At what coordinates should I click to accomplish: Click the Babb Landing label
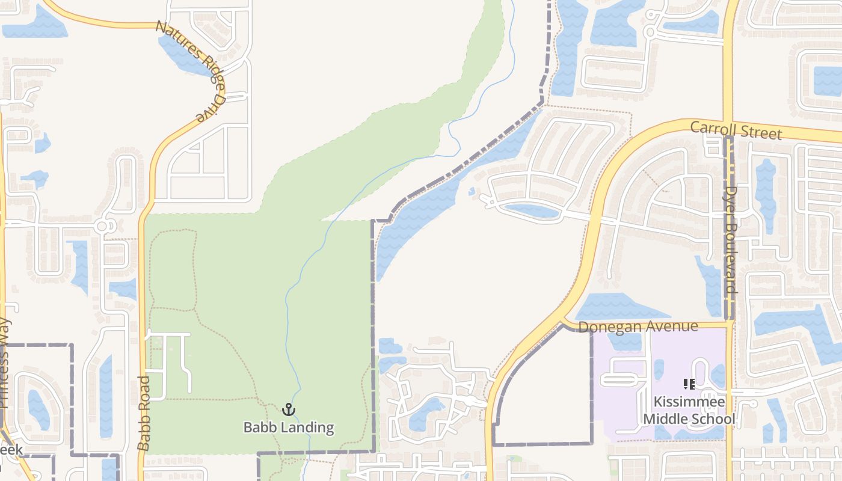coord(289,427)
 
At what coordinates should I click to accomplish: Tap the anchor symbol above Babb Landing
coord(289,410)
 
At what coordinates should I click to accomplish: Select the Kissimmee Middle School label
coord(689,410)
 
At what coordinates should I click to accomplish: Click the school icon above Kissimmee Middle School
coord(689,384)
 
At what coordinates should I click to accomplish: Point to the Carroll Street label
coord(736,130)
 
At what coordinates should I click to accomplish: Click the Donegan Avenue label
coord(638,326)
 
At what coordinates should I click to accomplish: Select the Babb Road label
coord(143,414)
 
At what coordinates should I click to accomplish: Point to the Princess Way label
coord(5,364)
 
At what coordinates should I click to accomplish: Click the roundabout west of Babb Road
coord(102,226)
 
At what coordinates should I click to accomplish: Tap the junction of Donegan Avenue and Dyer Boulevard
coord(730,325)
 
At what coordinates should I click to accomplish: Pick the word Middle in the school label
coord(665,418)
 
